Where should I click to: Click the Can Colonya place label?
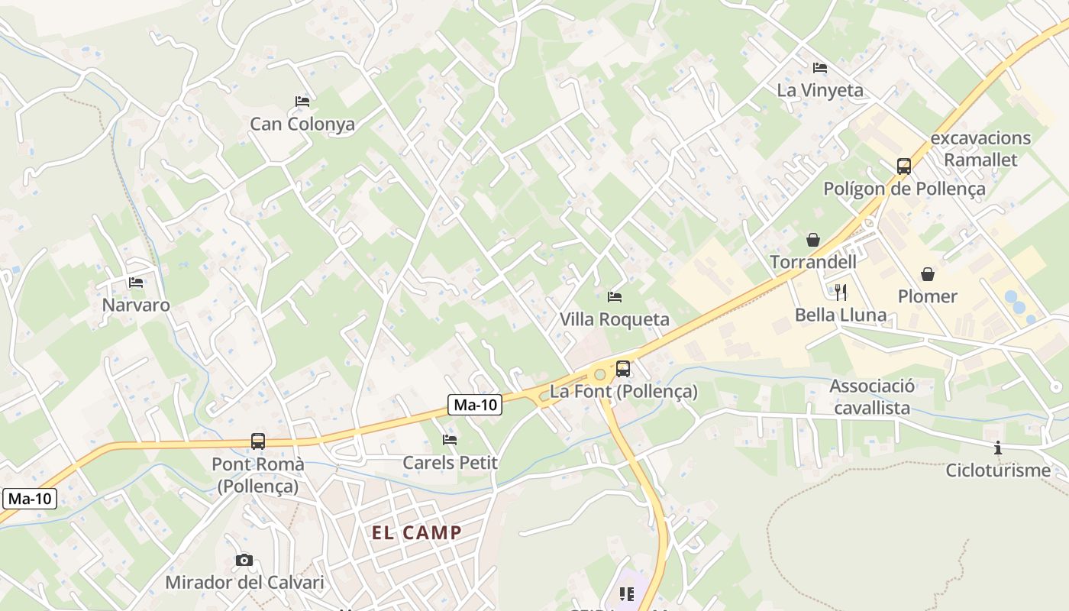[302, 124]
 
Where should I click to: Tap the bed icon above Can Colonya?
[302, 102]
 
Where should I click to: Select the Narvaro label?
[136, 305]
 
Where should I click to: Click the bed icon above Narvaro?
[136, 283]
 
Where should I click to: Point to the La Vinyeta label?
[820, 90]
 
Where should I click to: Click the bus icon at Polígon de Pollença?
[904, 166]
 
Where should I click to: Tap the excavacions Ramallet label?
[980, 149]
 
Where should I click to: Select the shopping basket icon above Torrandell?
[813, 240]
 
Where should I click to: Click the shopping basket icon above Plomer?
[928, 274]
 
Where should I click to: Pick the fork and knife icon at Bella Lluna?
[841, 292]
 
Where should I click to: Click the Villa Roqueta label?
[615, 319]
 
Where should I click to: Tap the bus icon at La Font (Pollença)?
[623, 369]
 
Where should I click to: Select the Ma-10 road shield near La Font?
[475, 406]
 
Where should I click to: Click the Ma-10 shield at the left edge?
[30, 499]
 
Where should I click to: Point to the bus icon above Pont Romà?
[258, 441]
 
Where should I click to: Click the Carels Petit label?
[450, 462]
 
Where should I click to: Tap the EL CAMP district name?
[417, 532]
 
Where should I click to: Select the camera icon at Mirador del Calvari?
[244, 561]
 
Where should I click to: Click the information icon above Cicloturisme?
[998, 448]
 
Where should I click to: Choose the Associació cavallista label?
[872, 397]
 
